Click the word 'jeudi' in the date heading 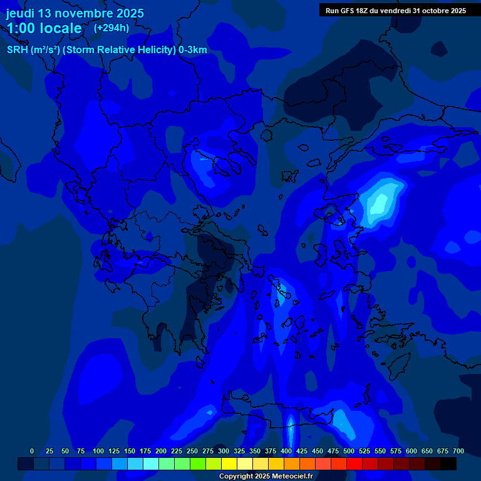(x=20, y=13)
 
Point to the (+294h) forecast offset (x=111, y=28)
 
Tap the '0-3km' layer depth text (x=193, y=50)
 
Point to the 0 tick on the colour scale (x=32, y=451)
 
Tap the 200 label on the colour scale (x=161, y=451)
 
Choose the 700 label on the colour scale (x=458, y=451)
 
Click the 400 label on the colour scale (x=286, y=451)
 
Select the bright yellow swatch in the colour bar (x=229, y=463)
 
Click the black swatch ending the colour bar (x=448, y=463)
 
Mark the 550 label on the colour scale (x=380, y=451)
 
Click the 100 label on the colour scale (x=98, y=451)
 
